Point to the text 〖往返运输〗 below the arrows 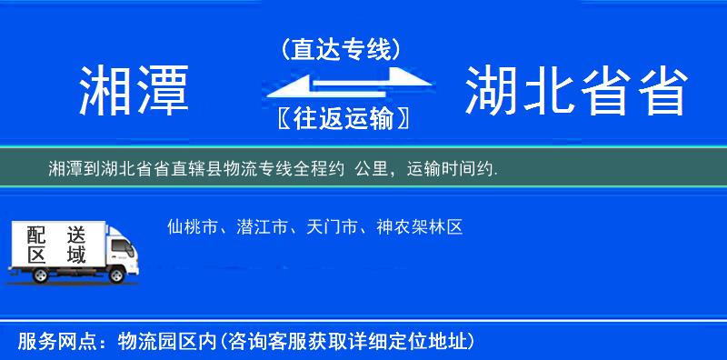341,118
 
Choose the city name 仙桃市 193,227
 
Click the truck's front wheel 118,275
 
